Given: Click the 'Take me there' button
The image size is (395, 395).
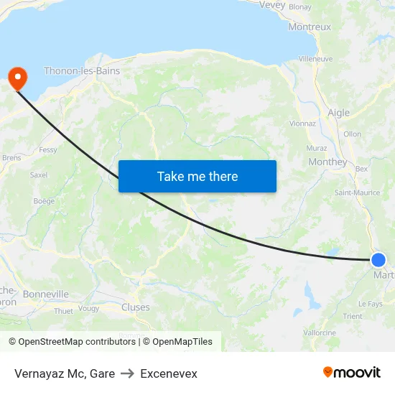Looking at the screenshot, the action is pos(197,176).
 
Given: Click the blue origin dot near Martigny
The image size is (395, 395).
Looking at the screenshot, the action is pos(378,260).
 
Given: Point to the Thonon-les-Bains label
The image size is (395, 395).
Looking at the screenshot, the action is pos(82,71).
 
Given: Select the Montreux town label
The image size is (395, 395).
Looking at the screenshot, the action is pos(310,27).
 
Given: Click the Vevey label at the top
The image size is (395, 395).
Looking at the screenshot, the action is pos(272,4).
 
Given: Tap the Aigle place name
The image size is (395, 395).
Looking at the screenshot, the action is pos(338,113).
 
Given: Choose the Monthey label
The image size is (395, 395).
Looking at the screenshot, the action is pos(327,162).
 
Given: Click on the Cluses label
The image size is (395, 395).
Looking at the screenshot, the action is pos(136,307).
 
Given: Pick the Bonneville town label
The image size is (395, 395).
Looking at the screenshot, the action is pos(46,294).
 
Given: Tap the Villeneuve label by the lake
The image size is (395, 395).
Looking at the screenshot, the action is pos(315,58).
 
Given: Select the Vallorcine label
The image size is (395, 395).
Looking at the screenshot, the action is pos(320,333).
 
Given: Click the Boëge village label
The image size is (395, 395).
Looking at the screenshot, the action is pos(44,201).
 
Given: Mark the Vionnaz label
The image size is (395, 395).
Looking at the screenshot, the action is pos(302,123).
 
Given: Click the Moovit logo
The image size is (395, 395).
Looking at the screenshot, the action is pos(352,372).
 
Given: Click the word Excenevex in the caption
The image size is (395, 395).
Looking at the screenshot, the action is pos(169,373).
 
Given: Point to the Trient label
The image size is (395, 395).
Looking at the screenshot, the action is pos(353,316).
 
